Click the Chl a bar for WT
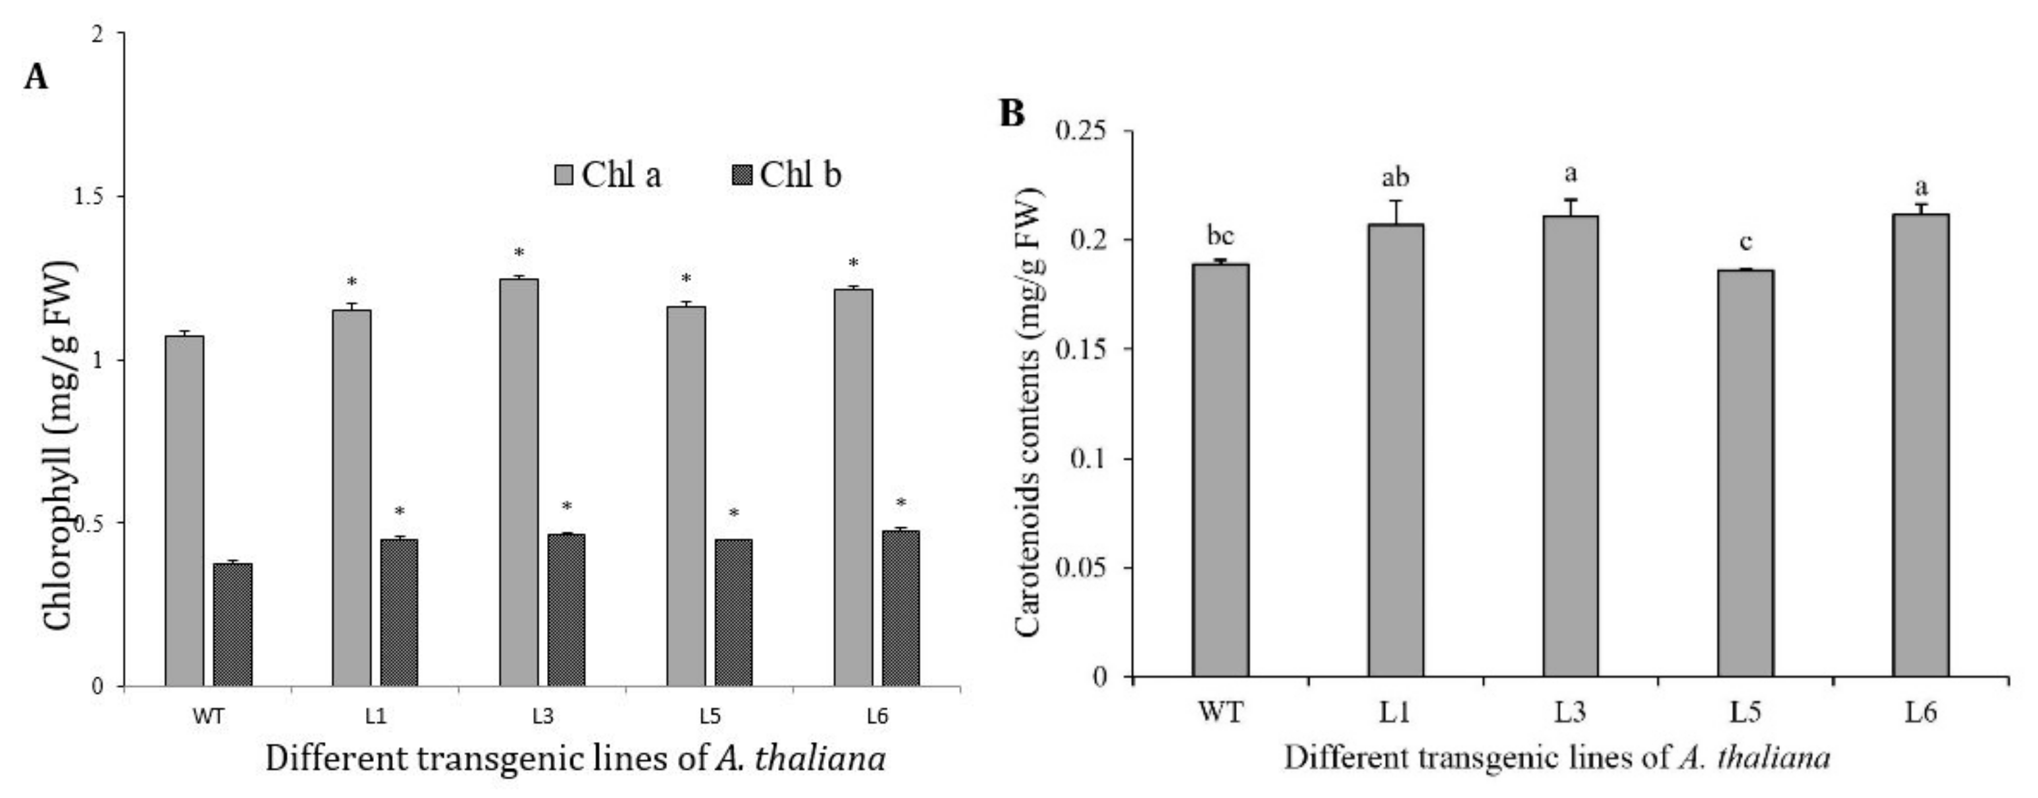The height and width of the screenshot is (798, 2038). pos(184,511)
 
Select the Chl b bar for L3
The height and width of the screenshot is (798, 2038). pos(567,610)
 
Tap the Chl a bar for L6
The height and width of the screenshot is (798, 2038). pos(854,487)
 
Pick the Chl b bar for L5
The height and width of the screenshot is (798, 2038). pos(733,612)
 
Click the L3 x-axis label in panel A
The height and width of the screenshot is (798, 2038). pos(542,716)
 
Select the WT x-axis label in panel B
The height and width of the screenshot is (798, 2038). pos(1220,712)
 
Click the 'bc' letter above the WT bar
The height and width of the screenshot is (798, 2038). pos(1220,236)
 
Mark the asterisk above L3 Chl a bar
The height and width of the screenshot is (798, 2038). pos(519,253)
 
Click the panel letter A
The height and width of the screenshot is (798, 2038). pos(36,77)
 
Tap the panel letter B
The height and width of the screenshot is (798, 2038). pos(1011,114)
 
